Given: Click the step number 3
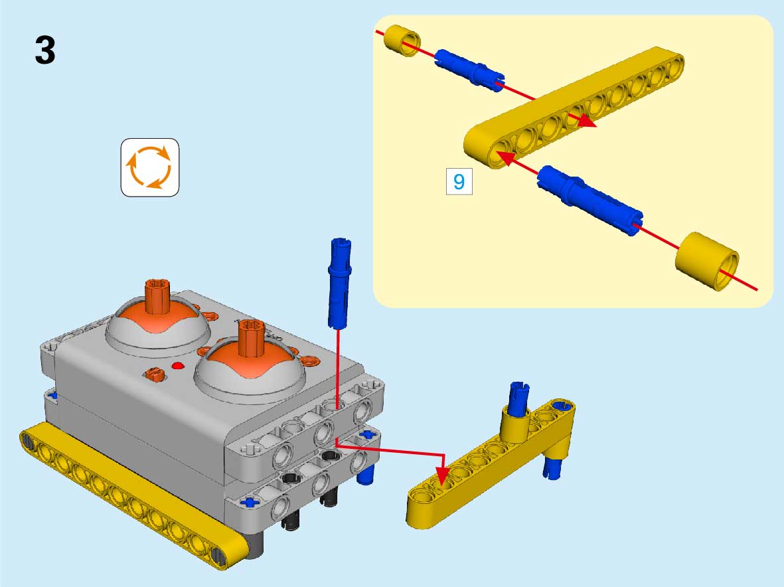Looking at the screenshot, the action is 45,50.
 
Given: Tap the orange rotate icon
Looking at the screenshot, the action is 150,167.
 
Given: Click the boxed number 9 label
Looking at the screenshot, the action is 459,181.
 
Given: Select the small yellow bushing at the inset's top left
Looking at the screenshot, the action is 402,40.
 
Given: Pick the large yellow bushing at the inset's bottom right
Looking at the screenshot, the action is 707,260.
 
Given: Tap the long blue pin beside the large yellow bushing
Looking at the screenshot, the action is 590,200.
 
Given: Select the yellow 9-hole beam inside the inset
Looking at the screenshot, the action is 574,108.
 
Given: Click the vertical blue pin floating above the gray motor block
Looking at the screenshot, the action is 340,283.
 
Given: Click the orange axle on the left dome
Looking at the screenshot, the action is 158,297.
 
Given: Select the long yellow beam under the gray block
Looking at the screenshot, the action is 134,495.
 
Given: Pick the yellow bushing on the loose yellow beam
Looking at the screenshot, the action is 515,424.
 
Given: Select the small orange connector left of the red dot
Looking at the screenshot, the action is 154,373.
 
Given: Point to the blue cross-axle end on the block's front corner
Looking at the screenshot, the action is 248,501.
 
